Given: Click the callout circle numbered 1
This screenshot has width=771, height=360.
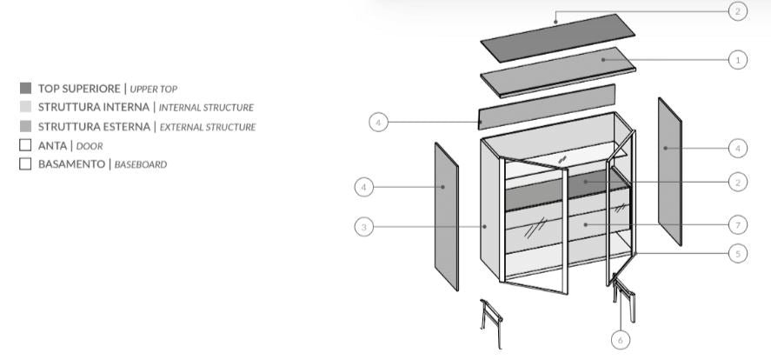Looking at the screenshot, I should click(x=737, y=60).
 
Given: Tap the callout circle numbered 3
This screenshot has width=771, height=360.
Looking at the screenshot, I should click(x=364, y=227).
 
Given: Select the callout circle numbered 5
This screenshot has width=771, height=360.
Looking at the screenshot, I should click(x=737, y=254).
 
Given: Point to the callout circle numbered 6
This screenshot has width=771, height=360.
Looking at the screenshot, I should click(x=620, y=340).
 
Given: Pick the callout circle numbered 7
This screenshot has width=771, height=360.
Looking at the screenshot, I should click(x=737, y=224).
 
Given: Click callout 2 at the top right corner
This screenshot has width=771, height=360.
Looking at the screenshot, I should click(x=737, y=11).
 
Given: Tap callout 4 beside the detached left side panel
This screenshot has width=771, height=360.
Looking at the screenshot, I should click(x=364, y=186).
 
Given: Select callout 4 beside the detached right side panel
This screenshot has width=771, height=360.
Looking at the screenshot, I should click(x=737, y=149).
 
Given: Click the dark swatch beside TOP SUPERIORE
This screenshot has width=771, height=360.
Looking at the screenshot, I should click(x=25, y=88).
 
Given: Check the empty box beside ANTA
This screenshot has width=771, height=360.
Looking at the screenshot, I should click(x=25, y=145).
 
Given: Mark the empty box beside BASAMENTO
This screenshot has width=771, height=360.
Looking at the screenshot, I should click(x=25, y=163).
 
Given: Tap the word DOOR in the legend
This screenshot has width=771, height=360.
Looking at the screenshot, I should click(x=90, y=146).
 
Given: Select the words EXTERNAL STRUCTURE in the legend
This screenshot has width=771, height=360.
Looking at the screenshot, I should click(x=208, y=127).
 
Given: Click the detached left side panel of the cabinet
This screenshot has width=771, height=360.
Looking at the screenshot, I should click(x=446, y=217).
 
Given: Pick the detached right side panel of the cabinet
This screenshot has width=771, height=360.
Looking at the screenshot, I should click(x=669, y=171).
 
